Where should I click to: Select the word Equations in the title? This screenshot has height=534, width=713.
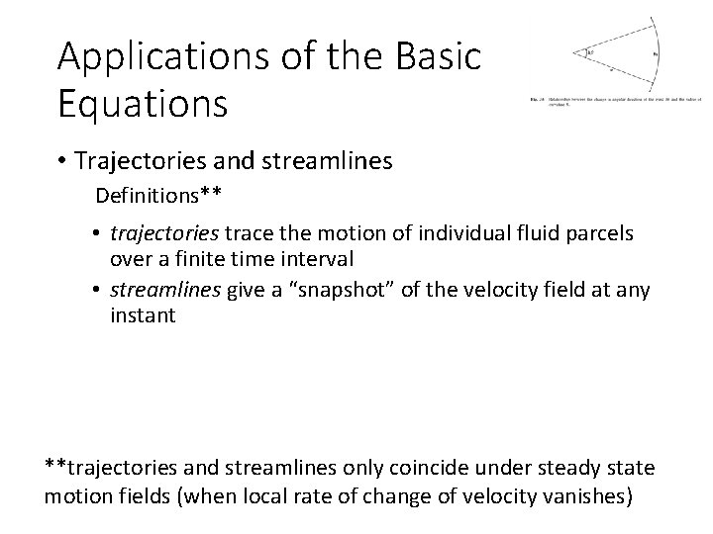[x=142, y=103]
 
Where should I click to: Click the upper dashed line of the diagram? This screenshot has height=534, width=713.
[x=619, y=37]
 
